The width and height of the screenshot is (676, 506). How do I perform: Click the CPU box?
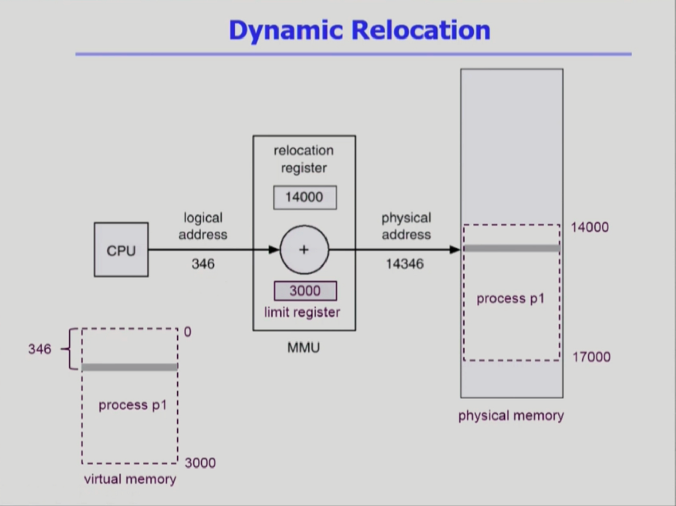click(x=121, y=250)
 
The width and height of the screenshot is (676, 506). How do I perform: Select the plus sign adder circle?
click(x=304, y=250)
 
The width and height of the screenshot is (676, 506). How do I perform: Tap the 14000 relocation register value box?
click(x=305, y=197)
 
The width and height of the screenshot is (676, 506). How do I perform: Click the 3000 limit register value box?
click(x=305, y=291)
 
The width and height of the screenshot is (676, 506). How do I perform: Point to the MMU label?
click(x=304, y=348)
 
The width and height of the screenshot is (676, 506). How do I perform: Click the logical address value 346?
click(x=203, y=264)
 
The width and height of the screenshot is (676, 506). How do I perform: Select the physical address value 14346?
click(x=405, y=264)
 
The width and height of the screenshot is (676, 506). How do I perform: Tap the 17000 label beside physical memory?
click(x=591, y=357)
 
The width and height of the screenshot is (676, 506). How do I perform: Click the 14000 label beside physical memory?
click(x=590, y=227)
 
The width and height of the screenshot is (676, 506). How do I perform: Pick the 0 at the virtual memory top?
click(x=188, y=332)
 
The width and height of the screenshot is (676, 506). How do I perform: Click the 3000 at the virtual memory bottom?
click(x=200, y=463)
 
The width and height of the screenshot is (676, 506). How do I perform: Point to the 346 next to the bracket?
click(x=40, y=349)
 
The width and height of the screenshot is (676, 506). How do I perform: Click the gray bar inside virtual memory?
click(x=130, y=367)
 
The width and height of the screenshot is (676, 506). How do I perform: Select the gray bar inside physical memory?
click(x=512, y=249)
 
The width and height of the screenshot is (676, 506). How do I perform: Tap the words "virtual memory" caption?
click(x=130, y=479)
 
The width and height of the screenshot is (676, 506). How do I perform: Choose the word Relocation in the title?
click(x=421, y=30)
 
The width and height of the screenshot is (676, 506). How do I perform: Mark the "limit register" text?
click(x=302, y=312)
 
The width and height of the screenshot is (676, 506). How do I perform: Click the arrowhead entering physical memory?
click(x=455, y=250)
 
